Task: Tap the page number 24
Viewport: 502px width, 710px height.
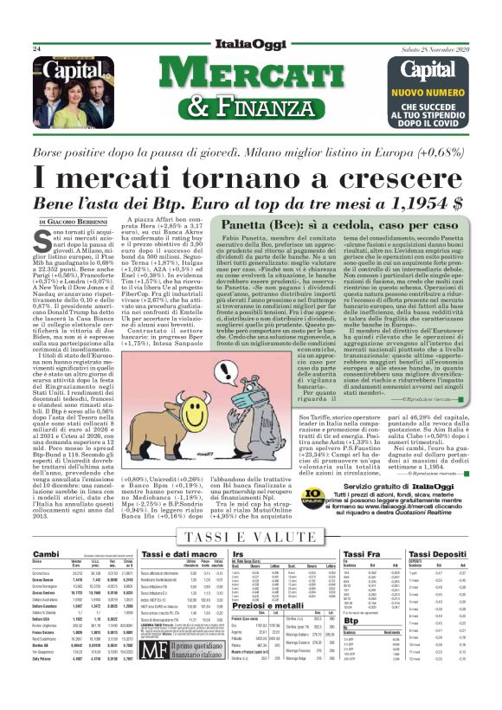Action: point(37,49)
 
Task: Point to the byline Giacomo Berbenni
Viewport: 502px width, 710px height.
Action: point(68,223)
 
